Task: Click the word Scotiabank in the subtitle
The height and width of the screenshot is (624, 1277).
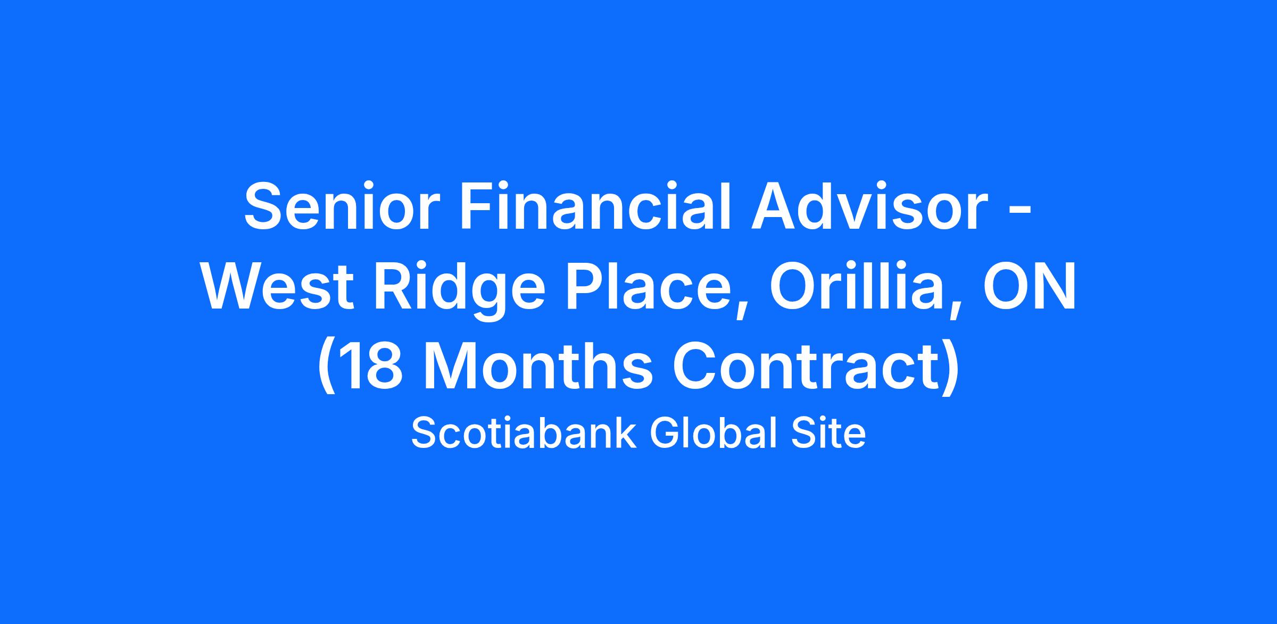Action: pos(524,434)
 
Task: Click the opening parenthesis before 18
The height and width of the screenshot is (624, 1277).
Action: pos(327,368)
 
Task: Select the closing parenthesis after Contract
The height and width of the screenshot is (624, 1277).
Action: pos(951,368)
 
